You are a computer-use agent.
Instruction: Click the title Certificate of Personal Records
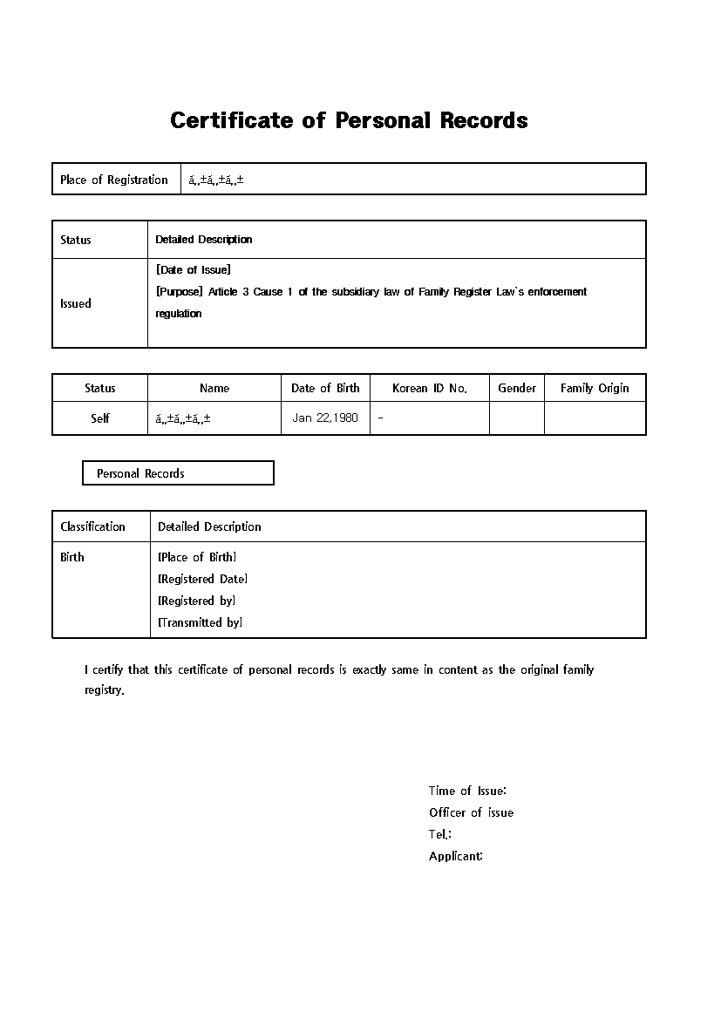pos(349,120)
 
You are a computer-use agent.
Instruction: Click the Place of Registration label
pos(114,180)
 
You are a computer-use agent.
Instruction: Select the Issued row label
pos(75,303)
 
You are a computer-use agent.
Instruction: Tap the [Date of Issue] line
pos(194,270)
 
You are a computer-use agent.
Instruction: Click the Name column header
pos(214,388)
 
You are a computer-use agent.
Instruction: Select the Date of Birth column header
pos(325,388)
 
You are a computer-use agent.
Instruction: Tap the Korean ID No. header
pos(430,388)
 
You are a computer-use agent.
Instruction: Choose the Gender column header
pos(517,388)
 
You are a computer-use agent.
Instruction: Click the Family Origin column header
pos(595,388)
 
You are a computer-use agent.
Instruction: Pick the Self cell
pos(100,418)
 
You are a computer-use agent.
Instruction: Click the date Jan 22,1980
pos(325,418)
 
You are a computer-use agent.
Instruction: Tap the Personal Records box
pos(178,473)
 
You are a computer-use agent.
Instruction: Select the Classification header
pos(92,526)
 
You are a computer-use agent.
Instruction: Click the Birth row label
pos(72,557)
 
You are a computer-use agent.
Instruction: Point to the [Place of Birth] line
pos(197,557)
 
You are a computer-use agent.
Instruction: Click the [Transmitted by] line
pos(200,622)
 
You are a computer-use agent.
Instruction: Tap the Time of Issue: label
pos(467,791)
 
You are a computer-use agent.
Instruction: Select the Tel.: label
pos(439,834)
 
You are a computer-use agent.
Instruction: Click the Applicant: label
pos(455,856)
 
